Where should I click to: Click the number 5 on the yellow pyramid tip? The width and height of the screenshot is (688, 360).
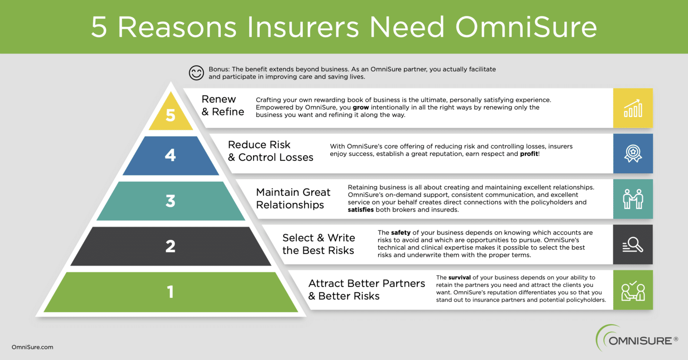(x=171, y=115)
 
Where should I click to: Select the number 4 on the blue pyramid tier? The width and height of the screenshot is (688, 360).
(x=170, y=155)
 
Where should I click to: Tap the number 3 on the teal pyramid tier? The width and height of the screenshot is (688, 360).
(x=170, y=201)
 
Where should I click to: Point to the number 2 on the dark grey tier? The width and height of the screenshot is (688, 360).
(x=170, y=246)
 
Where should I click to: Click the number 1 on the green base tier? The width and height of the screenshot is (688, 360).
(x=170, y=292)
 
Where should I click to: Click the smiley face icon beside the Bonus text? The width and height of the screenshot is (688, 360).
(x=196, y=73)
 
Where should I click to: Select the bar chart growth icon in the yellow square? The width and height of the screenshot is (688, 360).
(x=633, y=108)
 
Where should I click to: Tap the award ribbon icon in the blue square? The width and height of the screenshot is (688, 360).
(x=633, y=154)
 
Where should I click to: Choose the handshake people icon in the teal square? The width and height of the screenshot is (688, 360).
(x=633, y=199)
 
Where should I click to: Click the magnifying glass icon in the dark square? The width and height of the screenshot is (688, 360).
(x=633, y=245)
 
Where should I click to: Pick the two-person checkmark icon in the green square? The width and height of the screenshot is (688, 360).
(x=633, y=291)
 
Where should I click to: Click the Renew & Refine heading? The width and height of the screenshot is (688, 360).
(x=223, y=106)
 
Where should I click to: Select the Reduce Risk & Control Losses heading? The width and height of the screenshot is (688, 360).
(x=270, y=151)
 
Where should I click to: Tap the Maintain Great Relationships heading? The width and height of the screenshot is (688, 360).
(x=293, y=198)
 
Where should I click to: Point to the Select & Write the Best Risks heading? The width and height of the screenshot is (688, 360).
(x=318, y=244)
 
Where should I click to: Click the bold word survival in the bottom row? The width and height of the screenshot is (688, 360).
(x=459, y=278)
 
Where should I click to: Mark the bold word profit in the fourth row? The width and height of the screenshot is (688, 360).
(x=529, y=154)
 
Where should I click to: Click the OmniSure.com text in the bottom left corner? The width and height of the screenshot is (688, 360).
(x=32, y=347)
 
